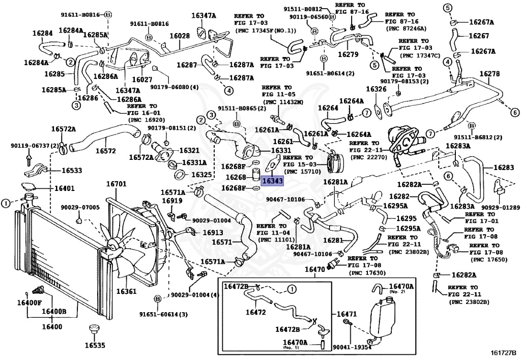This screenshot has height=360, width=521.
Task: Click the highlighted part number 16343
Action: [x=272, y=180]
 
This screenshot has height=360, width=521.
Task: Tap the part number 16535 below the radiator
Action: [x=95, y=345]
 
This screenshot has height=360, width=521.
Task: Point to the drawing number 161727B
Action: [x=504, y=352]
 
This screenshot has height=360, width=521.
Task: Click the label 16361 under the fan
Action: [x=127, y=292]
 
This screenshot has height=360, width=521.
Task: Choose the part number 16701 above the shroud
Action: [x=116, y=183]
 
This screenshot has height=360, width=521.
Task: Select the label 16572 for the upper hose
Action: [x=105, y=151]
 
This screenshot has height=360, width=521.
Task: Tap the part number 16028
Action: [x=180, y=36]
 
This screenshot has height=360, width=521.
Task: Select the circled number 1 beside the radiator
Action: [x=5, y=204]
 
